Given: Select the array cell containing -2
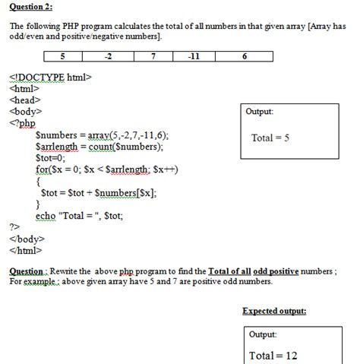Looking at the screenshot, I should click(x=108, y=56).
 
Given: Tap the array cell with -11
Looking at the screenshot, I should click(x=194, y=56).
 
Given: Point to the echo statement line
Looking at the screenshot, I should click(x=80, y=216).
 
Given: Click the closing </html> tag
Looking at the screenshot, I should click(x=25, y=250).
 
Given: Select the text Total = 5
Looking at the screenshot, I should click(x=270, y=138).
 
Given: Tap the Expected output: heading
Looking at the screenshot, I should click(x=274, y=312).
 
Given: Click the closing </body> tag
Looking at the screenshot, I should click(x=27, y=239).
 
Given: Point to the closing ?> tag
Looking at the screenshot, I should click(x=14, y=226).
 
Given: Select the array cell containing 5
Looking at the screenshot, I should click(x=62, y=56).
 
